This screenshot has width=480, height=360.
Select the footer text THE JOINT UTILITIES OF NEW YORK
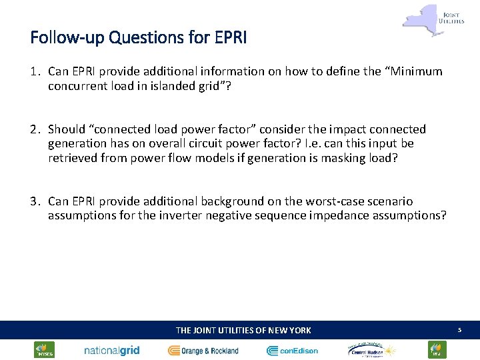(x=243, y=330)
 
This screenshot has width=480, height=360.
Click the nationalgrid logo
(x=111, y=350)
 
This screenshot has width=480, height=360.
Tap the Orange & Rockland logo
(x=203, y=350)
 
